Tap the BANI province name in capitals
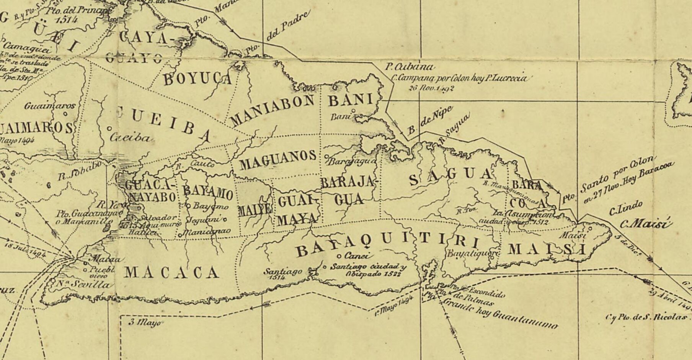tap(350, 100)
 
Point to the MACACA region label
tap(172, 273)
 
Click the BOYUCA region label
tap(197, 79)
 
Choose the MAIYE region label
tap(255, 210)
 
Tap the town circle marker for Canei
tap(339, 256)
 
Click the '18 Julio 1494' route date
tap(26, 249)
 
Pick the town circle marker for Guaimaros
tap(65, 113)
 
